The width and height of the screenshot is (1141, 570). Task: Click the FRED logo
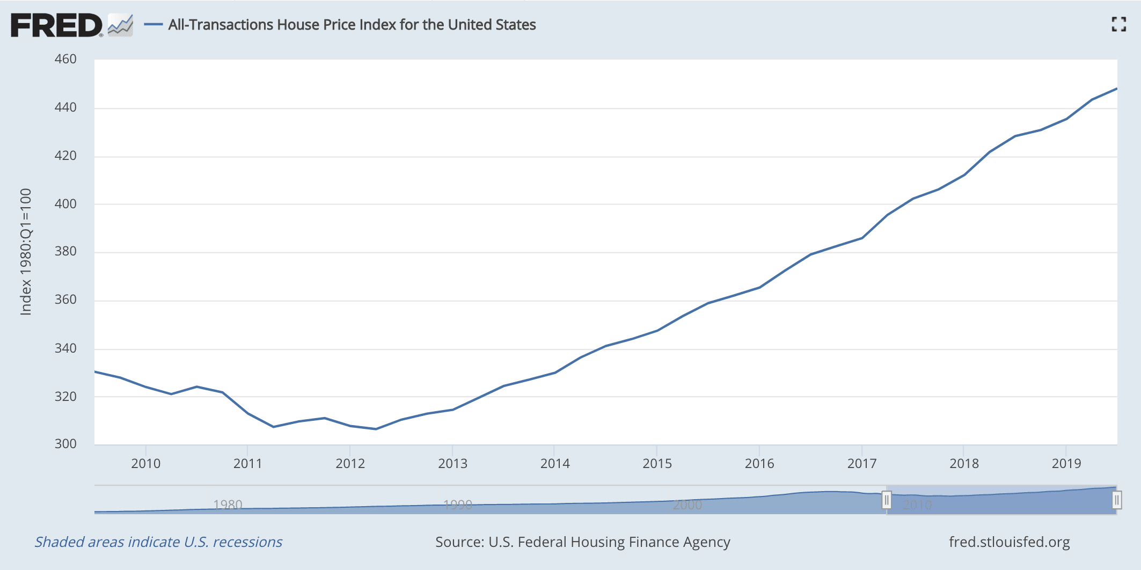pyautogui.click(x=56, y=25)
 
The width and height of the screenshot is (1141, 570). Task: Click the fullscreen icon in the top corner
pyautogui.click(x=1118, y=24)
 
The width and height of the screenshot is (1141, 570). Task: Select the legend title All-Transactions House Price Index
pyautogui.click(x=352, y=25)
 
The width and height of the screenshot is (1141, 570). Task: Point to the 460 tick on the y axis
pyautogui.click(x=65, y=59)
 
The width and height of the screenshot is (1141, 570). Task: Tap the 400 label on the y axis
pyautogui.click(x=65, y=204)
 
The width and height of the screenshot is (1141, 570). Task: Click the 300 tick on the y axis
pyautogui.click(x=65, y=444)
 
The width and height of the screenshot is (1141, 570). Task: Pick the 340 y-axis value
pyautogui.click(x=65, y=348)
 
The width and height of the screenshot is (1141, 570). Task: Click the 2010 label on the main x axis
pyautogui.click(x=145, y=464)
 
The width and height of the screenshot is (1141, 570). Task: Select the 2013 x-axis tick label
pyautogui.click(x=452, y=464)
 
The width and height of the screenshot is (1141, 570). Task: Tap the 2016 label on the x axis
pyautogui.click(x=759, y=464)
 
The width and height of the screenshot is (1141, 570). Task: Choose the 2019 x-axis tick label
pyautogui.click(x=1066, y=464)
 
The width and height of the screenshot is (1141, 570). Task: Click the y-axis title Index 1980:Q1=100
pyautogui.click(x=26, y=252)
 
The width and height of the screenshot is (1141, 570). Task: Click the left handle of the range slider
pyautogui.click(x=887, y=500)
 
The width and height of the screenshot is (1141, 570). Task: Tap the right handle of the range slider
pyautogui.click(x=1116, y=500)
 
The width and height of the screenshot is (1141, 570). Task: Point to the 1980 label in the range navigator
pyautogui.click(x=228, y=505)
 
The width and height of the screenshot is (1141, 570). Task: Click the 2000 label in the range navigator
pyautogui.click(x=687, y=505)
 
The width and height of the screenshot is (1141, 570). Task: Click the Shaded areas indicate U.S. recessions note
pyautogui.click(x=158, y=542)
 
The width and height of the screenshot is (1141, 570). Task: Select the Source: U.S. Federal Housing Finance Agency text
pyautogui.click(x=583, y=542)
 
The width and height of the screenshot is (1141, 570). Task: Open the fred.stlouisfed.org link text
pyautogui.click(x=1009, y=542)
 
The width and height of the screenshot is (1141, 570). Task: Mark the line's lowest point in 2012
pyautogui.click(x=376, y=429)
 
